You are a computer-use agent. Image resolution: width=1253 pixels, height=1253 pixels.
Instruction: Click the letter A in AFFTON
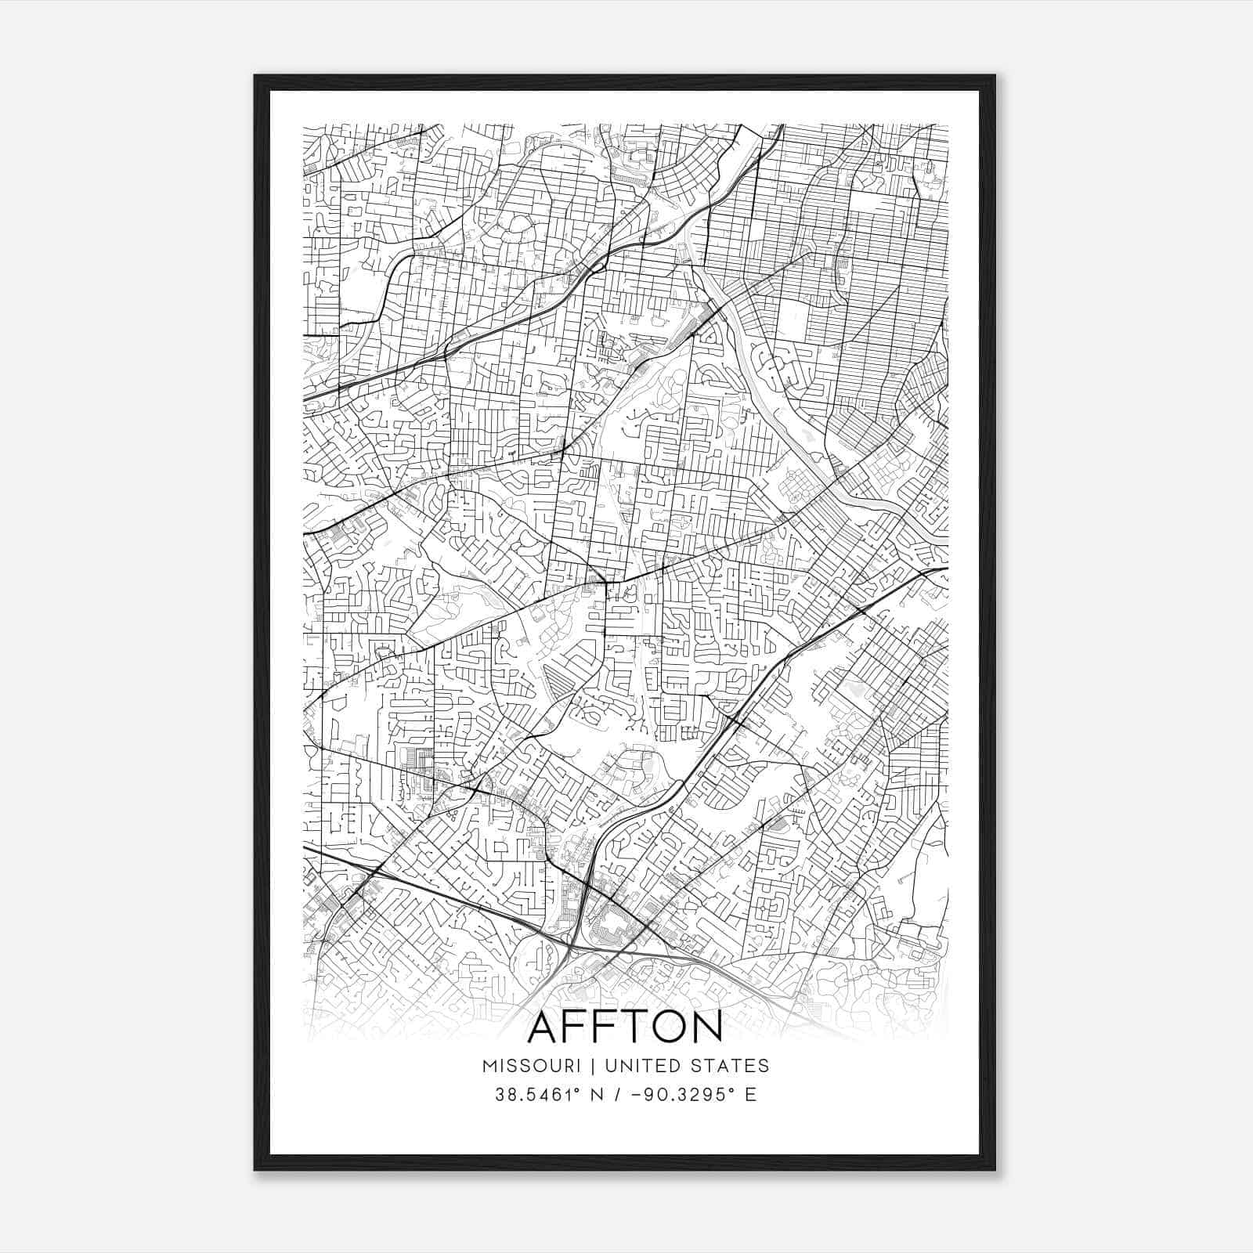click(x=546, y=1027)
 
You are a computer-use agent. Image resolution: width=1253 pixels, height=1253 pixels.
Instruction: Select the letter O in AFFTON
click(x=666, y=1027)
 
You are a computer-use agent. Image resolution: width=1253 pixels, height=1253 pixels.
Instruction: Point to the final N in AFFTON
click(x=706, y=1027)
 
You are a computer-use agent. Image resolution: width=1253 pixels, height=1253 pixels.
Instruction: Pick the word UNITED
click(x=638, y=1066)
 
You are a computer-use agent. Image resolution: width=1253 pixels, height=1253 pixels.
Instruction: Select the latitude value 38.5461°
click(x=540, y=1095)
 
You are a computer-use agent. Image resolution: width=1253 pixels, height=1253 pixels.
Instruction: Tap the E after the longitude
click(x=751, y=1095)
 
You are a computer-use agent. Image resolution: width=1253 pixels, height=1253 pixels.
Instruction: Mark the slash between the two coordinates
click(x=619, y=1095)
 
